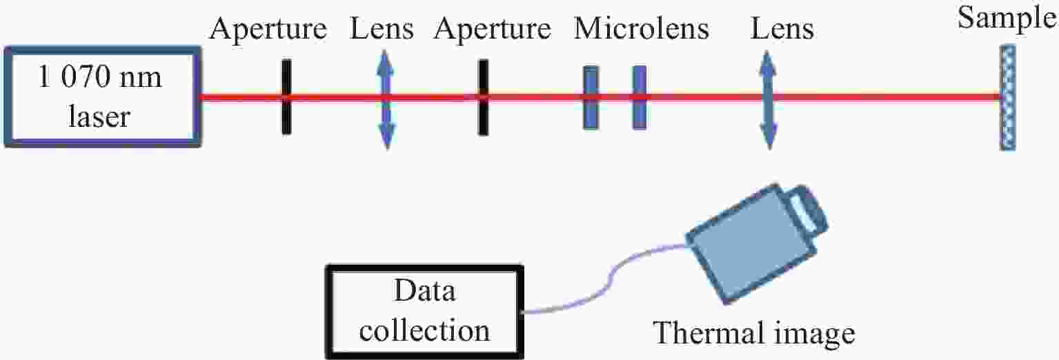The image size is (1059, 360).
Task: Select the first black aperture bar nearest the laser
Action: coord(286,97)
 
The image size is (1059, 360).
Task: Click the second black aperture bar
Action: coord(483,97)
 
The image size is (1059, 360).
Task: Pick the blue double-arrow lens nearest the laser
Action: coord(386,100)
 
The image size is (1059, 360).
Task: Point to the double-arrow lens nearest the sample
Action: coord(769,100)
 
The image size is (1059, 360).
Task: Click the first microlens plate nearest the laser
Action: coord(591,97)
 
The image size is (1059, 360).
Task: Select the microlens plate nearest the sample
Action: coord(640,97)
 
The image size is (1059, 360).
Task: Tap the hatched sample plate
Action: coord(1007,97)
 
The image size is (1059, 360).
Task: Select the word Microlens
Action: coord(642,29)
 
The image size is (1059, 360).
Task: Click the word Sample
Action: coord(1007,19)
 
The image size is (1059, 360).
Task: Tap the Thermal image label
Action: coord(754,334)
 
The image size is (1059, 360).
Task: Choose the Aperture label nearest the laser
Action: coord(268,30)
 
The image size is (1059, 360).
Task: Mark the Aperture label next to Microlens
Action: coord(492,30)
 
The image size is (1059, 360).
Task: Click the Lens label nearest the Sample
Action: coord(782,29)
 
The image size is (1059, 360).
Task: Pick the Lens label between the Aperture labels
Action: coord(382,29)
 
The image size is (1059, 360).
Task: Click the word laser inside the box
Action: coord(99,116)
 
